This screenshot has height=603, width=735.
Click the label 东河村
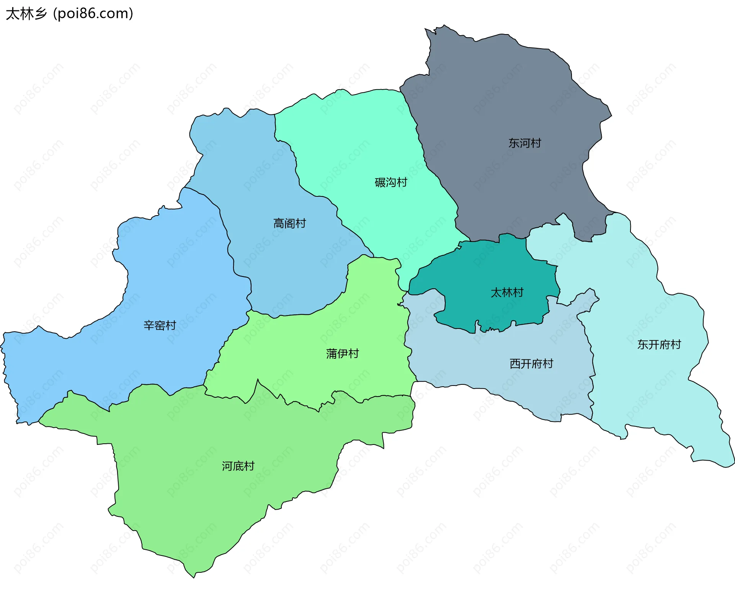coord(524,143)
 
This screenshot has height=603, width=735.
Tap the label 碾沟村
coord(390,182)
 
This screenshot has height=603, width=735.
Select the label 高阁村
coord(289,223)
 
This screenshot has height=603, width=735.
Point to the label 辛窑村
coord(160,325)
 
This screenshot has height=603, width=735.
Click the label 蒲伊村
coord(342,353)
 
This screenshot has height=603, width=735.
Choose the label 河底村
coord(238,466)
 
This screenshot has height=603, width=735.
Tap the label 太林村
coord(507,293)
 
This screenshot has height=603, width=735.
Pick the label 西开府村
coord(531,364)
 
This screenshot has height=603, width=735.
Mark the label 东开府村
coord(659,345)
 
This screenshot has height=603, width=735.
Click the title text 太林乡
coord(26,14)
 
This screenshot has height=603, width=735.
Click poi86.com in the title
coord(93,14)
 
